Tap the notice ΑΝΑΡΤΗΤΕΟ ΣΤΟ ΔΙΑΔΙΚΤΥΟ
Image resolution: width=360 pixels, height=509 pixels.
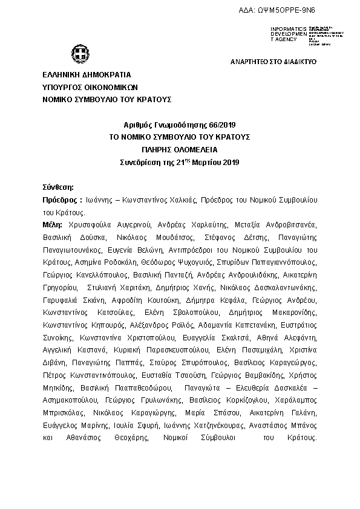click(x=273, y=62)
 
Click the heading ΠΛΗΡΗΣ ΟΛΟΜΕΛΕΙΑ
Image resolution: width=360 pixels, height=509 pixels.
click(x=180, y=149)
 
